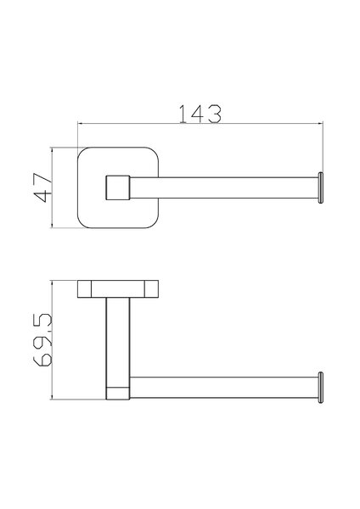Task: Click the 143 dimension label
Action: coord(200,114)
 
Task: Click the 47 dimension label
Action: coord(43,187)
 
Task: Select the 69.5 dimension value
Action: coord(42,340)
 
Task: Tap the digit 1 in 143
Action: coord(183,114)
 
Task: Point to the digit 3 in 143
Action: coord(215,114)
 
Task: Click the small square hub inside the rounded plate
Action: coord(118,187)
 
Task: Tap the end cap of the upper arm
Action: coord(320,187)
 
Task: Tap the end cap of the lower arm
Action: coord(320,388)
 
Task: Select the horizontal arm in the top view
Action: coord(224,187)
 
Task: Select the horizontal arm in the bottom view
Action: coord(224,388)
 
